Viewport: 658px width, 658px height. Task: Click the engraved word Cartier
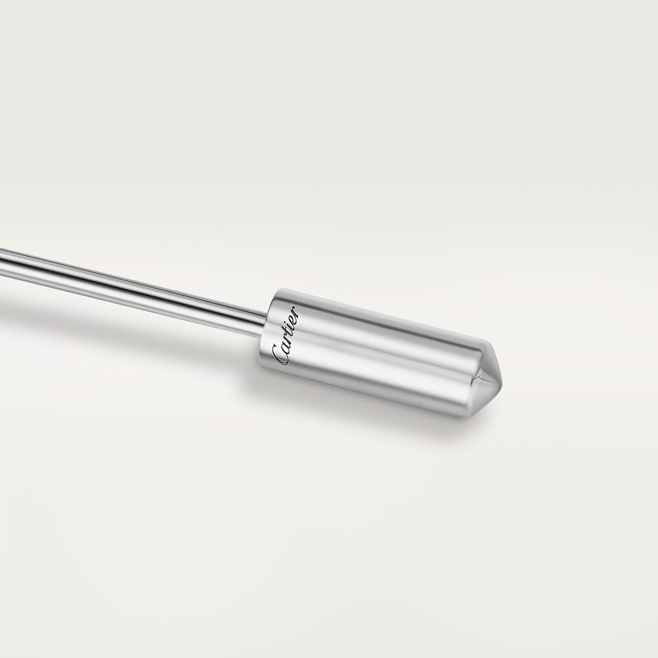(x=287, y=336)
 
